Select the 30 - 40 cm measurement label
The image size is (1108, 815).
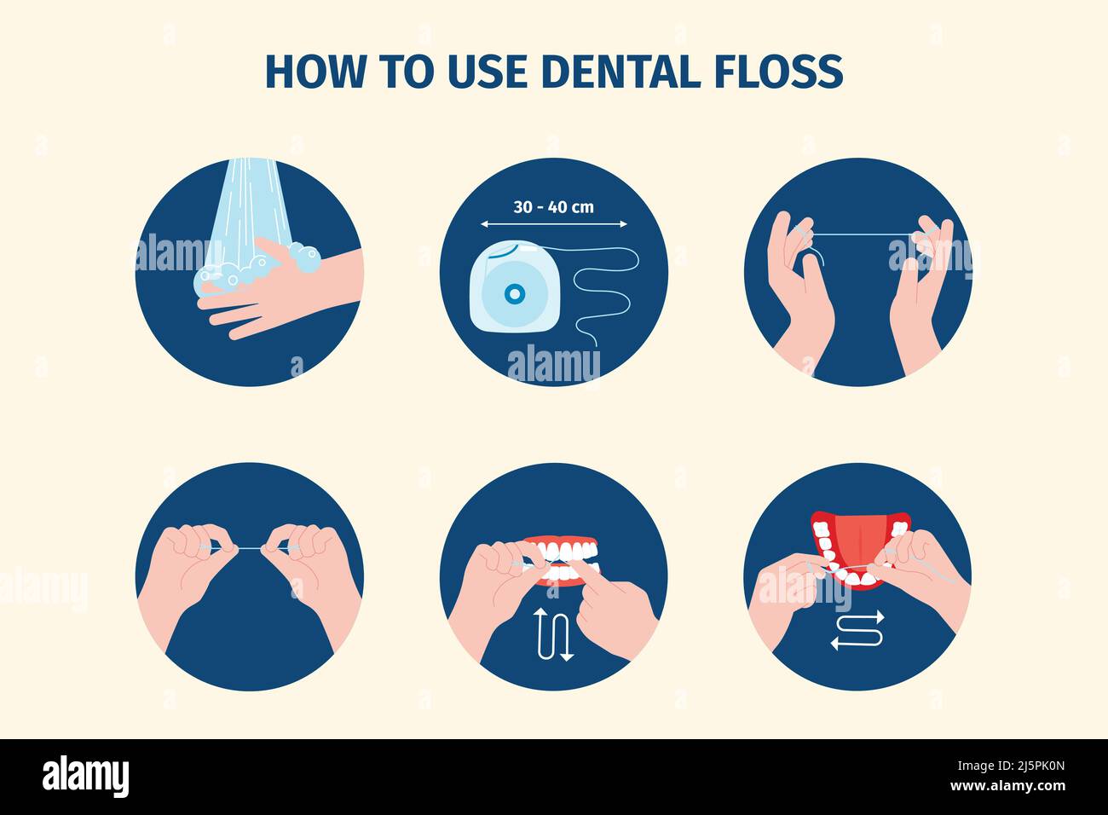click(554, 206)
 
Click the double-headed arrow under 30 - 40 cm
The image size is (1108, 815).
click(554, 224)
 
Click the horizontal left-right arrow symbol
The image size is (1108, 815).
click(857, 630)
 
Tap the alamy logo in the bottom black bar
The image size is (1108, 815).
click(85, 776)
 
